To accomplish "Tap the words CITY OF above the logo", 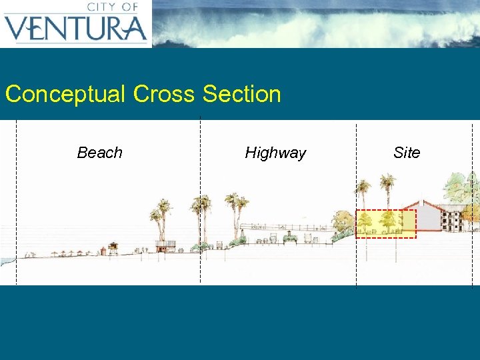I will pyautogui.click(x=112, y=7).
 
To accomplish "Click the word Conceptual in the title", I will pyautogui.click(x=65, y=94).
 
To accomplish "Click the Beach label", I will pyautogui.click(x=100, y=153).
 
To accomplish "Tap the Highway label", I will pyautogui.click(x=275, y=153).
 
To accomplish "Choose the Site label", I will pyautogui.click(x=407, y=153).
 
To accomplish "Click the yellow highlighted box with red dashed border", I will pyautogui.click(x=385, y=224).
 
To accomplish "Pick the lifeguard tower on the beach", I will pyautogui.click(x=113, y=249).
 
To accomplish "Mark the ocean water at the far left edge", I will pyautogui.click(x=5, y=261).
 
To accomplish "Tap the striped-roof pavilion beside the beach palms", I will pyautogui.click(x=168, y=245).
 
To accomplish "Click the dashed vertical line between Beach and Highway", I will pyautogui.click(x=200, y=200).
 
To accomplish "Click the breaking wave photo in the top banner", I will pyautogui.click(x=313, y=23).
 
